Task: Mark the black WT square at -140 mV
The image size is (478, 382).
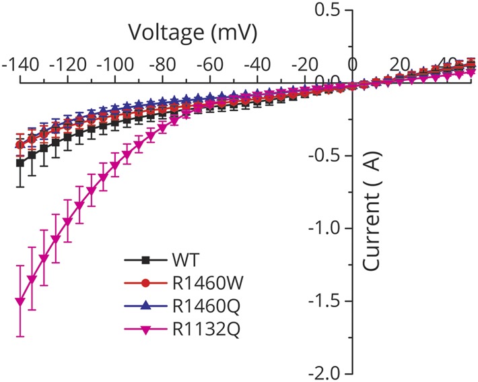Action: [x=20, y=163]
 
